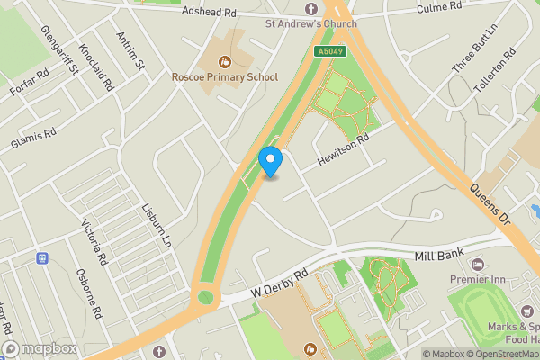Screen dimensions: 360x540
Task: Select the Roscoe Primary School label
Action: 225,77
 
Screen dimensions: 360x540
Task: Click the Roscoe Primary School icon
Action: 225,62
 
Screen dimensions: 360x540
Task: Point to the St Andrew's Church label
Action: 311,22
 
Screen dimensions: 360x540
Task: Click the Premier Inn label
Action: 477,279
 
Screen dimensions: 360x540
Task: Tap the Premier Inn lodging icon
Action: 477,265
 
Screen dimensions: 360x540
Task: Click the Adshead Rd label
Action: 208,13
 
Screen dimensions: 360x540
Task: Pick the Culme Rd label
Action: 438,8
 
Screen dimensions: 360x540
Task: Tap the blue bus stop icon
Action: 41,258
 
